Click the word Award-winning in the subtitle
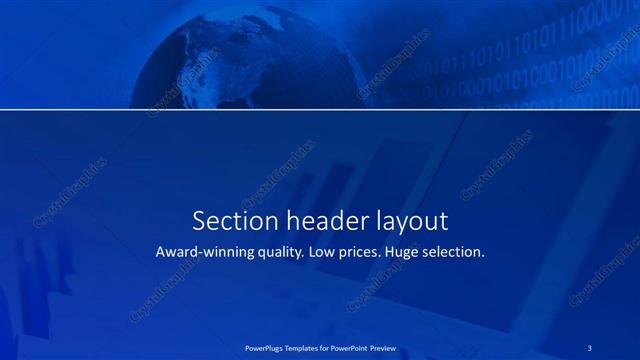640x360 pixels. pyautogui.click(x=205, y=253)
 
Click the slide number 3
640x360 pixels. pyautogui.click(x=591, y=347)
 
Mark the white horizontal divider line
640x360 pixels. pyautogui.click(x=320, y=109)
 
